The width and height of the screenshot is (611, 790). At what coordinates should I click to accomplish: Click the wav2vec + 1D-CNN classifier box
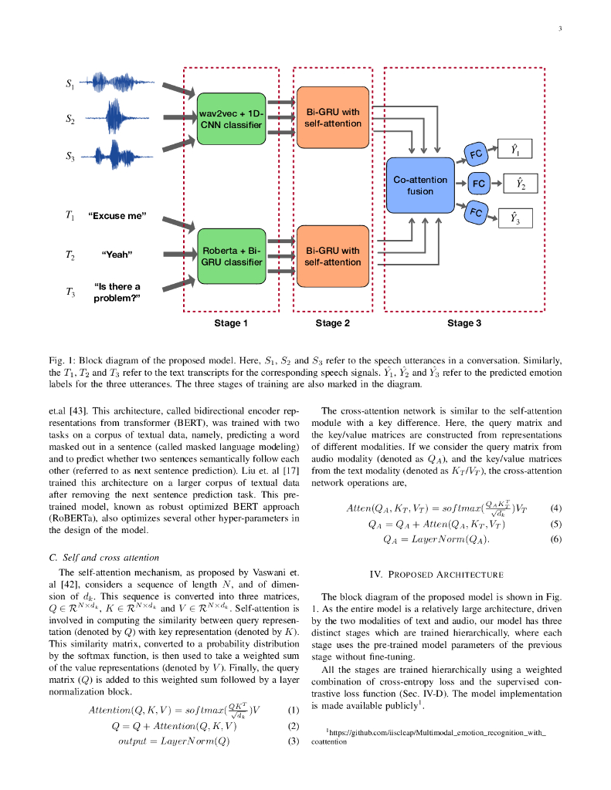[x=231, y=119]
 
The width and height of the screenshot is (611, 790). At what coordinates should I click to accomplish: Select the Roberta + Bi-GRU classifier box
[x=231, y=256]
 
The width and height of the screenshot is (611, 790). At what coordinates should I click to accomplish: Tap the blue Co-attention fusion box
[x=420, y=185]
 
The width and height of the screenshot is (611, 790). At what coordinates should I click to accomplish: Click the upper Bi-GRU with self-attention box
[x=332, y=118]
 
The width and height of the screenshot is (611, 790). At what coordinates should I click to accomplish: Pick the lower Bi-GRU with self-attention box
[x=332, y=256]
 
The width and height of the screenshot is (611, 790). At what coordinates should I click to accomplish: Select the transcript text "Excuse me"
[x=117, y=216]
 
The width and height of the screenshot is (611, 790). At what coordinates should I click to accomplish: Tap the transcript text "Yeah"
[x=117, y=255]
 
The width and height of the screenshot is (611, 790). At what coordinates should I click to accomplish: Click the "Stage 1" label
[x=231, y=323]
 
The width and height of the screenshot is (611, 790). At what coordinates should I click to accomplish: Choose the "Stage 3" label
[x=463, y=323]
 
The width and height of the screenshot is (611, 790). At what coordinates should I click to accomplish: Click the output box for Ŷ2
[x=520, y=184]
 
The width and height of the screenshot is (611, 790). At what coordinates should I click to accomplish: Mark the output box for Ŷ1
[x=514, y=149]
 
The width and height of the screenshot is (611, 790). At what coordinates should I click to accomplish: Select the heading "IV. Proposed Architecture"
[x=436, y=574]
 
